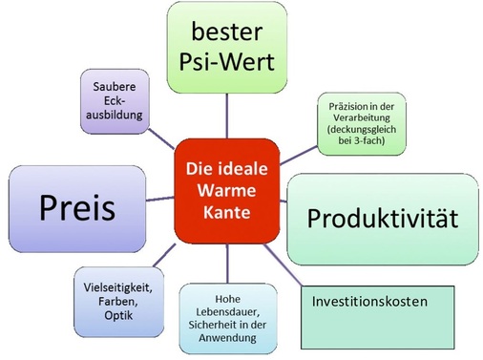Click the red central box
pyautogui.click(x=226, y=190)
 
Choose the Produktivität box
pyautogui.click(x=382, y=218)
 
